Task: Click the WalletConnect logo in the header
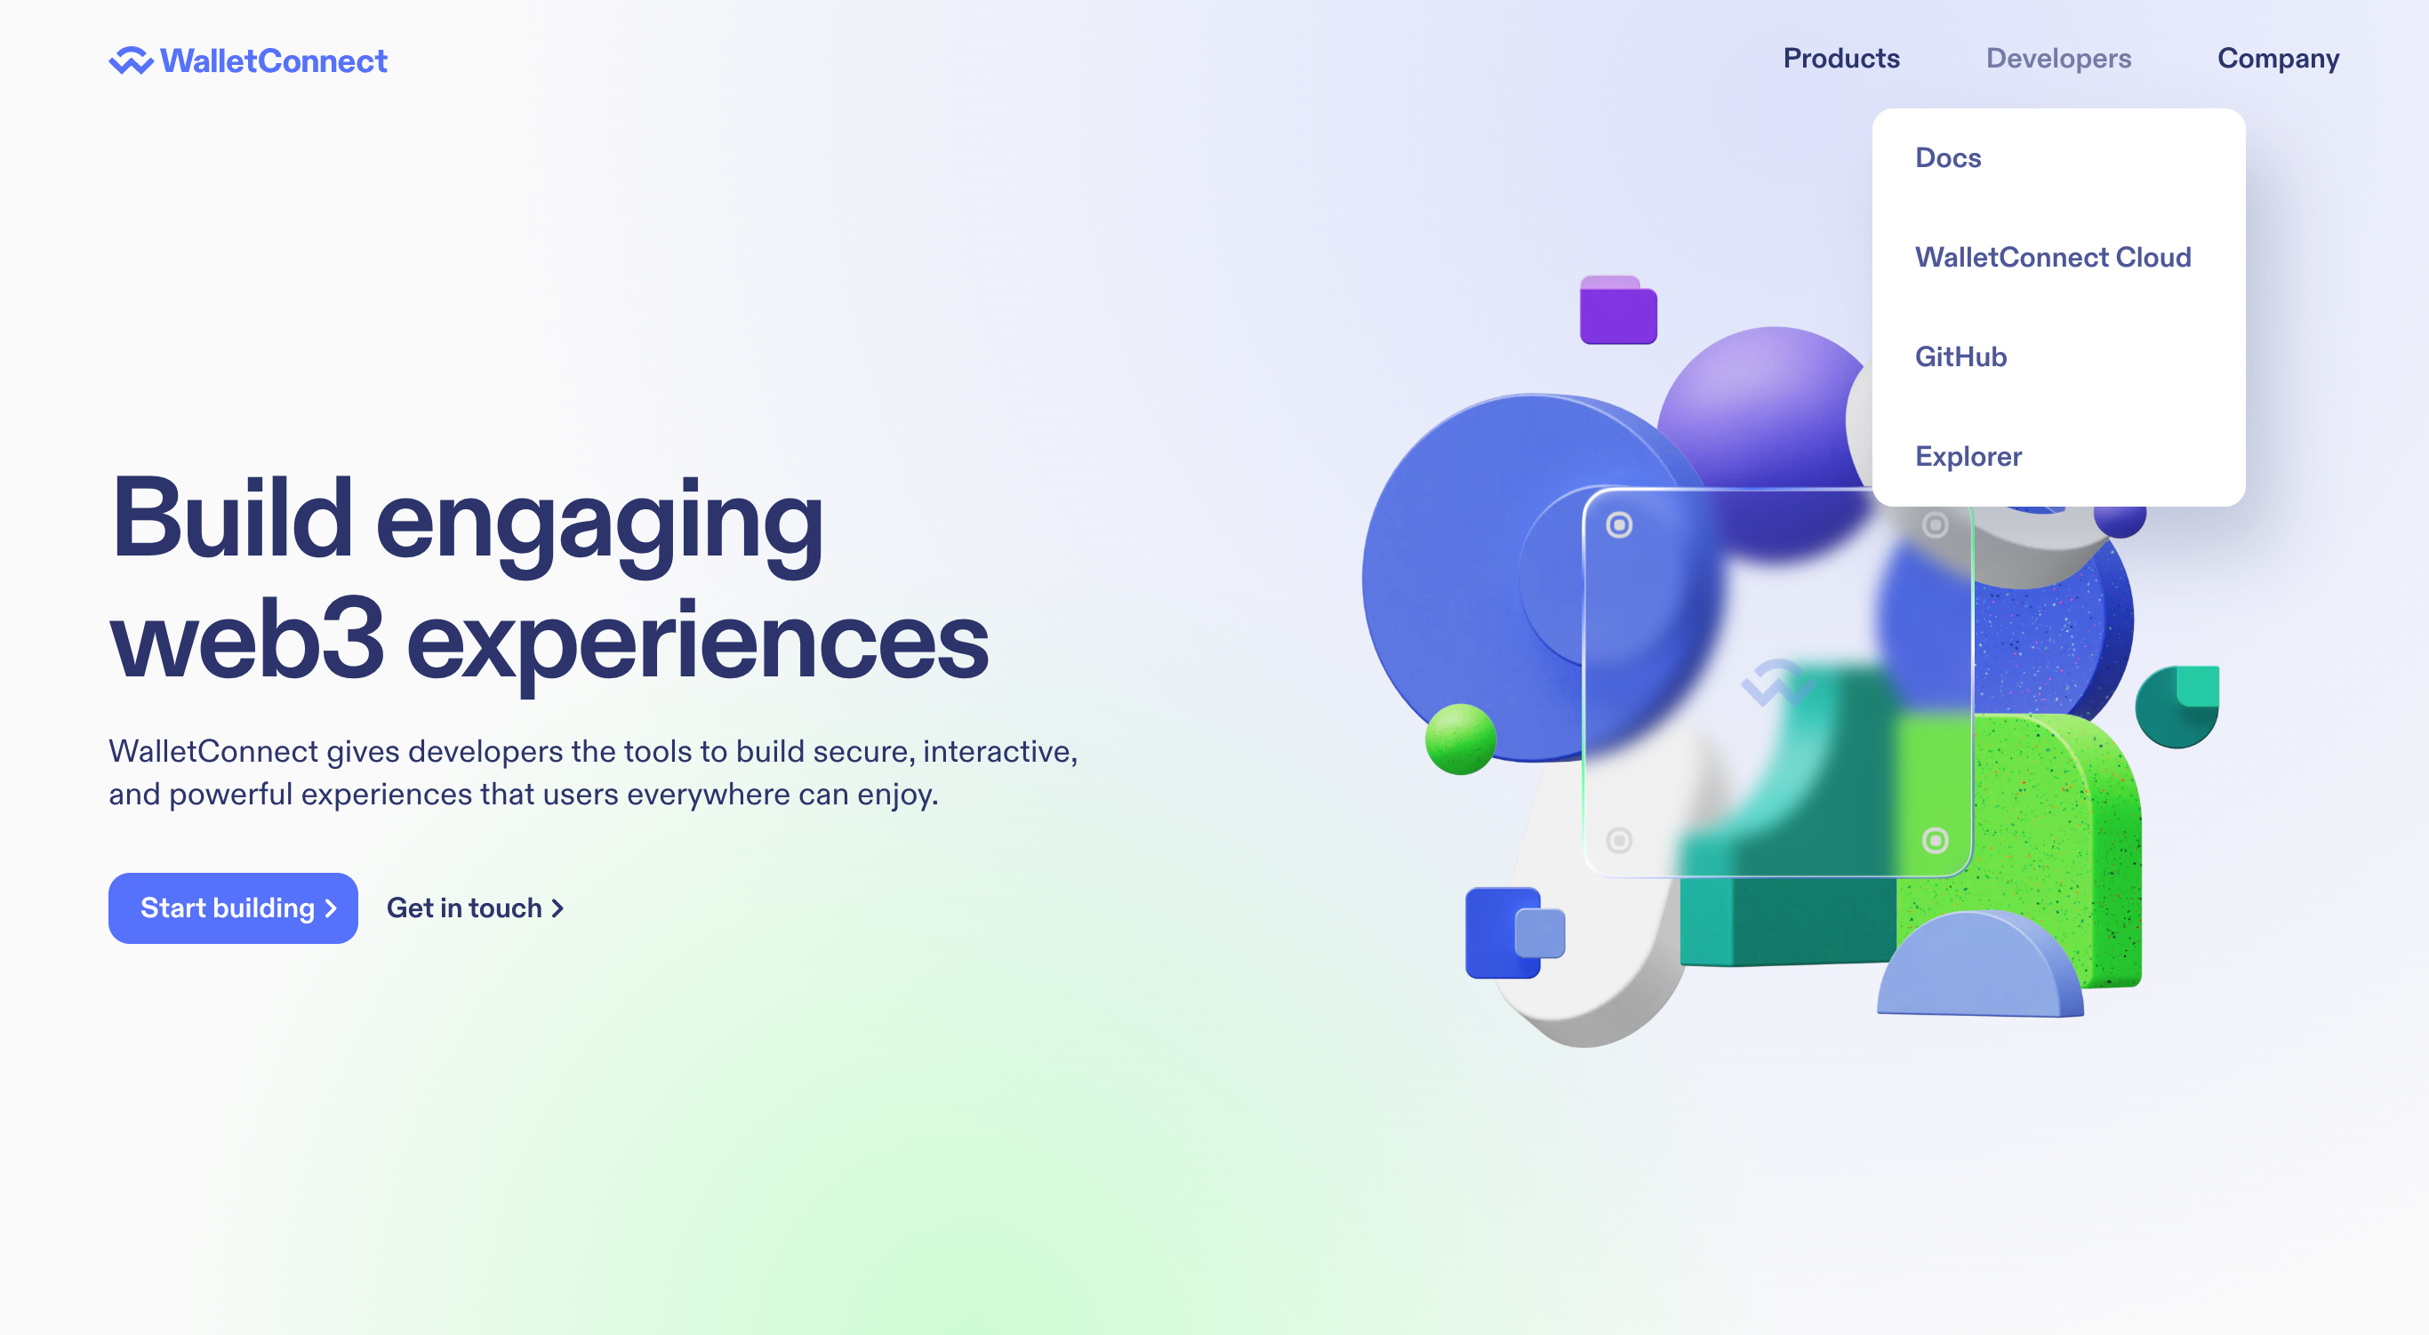[x=248, y=60]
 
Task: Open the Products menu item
[x=1840, y=59]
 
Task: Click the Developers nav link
[x=2058, y=59]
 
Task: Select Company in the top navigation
[x=2278, y=59]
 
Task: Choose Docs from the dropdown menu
[x=1948, y=157]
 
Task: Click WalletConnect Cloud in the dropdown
[x=2053, y=258]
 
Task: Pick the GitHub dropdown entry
[x=1960, y=356]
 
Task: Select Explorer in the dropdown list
[x=1968, y=456]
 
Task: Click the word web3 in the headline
[x=247, y=640]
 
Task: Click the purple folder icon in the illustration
[x=1618, y=309]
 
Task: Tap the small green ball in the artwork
[x=1461, y=739]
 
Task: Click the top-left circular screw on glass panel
[x=1619, y=525]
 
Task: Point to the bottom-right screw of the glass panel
[x=1935, y=840]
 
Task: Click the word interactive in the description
[x=999, y=751]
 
